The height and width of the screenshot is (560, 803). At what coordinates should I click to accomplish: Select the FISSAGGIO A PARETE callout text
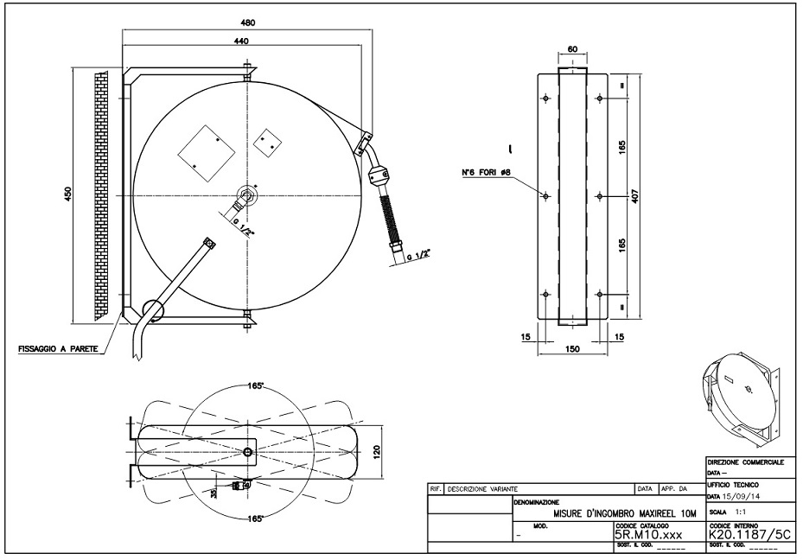coord(56,349)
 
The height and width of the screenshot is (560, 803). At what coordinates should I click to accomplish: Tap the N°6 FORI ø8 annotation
coord(487,172)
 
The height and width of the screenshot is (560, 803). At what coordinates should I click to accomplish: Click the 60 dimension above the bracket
coord(571,49)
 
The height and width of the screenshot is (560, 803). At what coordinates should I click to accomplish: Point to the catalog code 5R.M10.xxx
coord(647,534)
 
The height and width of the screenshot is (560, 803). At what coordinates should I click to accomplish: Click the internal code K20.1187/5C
coord(749,534)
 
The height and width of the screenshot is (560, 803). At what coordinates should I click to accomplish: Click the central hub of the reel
coord(246,194)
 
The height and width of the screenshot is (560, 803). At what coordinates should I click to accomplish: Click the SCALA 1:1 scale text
coord(731,512)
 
